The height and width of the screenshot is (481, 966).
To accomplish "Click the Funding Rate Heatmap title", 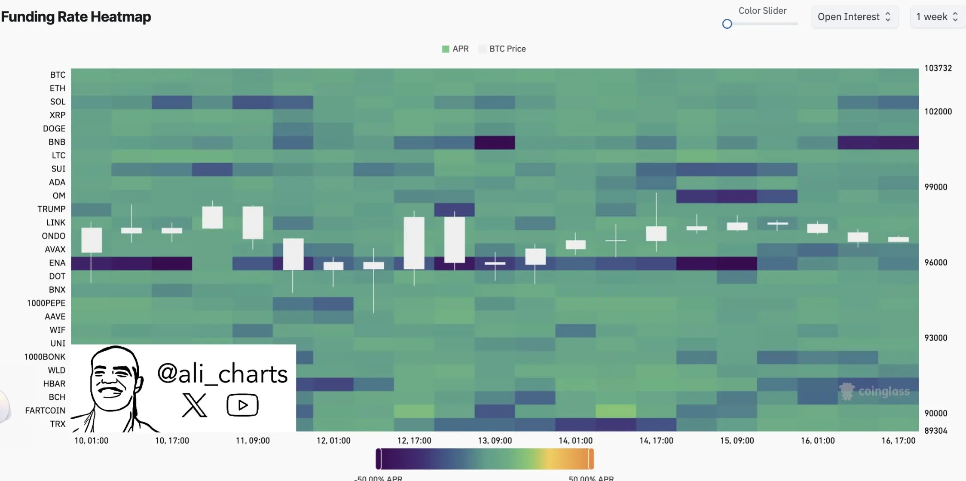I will [x=76, y=17].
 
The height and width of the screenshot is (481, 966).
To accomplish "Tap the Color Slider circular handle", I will [x=727, y=24].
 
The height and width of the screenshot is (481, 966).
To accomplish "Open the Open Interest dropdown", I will [x=854, y=17].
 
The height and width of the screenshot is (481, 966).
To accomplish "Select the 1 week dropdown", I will [x=937, y=17].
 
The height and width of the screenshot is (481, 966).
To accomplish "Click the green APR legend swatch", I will [x=446, y=49].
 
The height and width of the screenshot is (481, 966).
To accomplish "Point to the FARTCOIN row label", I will [x=45, y=411].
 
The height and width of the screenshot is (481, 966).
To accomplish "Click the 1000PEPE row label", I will [x=46, y=303].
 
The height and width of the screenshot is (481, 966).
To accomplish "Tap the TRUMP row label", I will [x=51, y=209].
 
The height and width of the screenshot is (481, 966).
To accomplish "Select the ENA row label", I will [x=57, y=263].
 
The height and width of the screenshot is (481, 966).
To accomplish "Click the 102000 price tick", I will [x=938, y=112].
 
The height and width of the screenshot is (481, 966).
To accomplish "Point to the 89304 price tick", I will [x=935, y=431].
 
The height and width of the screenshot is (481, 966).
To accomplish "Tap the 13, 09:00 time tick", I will [x=495, y=441].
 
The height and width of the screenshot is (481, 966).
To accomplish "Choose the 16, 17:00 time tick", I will [x=898, y=441].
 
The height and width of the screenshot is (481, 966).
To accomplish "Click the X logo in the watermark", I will [x=194, y=405].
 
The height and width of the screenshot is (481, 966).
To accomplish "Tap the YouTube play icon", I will [x=242, y=405].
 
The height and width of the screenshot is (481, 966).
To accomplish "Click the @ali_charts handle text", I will [x=222, y=374].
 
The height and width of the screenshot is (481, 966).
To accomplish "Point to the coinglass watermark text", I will [x=883, y=392].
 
